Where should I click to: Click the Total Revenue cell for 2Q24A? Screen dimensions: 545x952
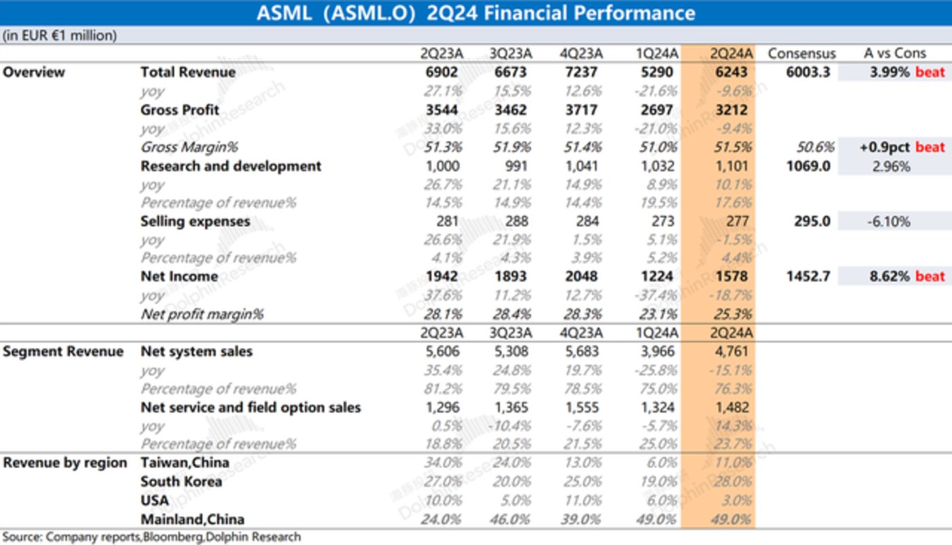pyautogui.click(x=732, y=72)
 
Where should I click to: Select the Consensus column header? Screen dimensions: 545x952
pyautogui.click(x=802, y=54)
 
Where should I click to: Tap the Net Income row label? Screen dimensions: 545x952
pyautogui.click(x=179, y=277)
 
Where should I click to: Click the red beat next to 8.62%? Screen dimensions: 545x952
pyautogui.click(x=930, y=277)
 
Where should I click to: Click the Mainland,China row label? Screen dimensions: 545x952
pyautogui.click(x=192, y=519)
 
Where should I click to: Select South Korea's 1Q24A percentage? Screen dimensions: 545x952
pyautogui.click(x=658, y=482)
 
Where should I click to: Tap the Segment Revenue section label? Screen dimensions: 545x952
pyautogui.click(x=63, y=352)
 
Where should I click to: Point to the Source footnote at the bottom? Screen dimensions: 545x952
pyautogui.click(x=151, y=538)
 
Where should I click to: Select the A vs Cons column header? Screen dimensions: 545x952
pyautogui.click(x=895, y=54)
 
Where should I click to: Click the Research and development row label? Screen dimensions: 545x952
pyautogui.click(x=231, y=166)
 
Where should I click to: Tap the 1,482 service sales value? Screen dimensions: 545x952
pyautogui.click(x=732, y=408)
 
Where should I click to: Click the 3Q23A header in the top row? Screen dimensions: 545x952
pyautogui.click(x=511, y=54)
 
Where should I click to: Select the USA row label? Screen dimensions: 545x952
pyautogui.click(x=154, y=500)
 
